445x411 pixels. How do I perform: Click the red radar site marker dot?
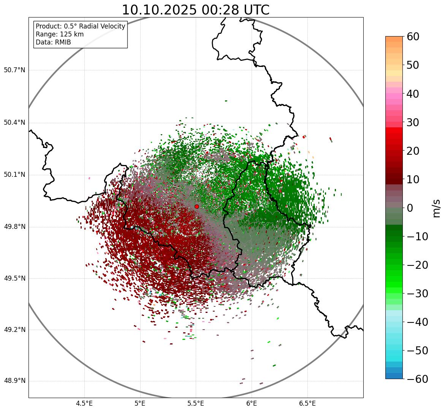pos(196,206)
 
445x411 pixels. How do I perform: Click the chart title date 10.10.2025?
pos(158,10)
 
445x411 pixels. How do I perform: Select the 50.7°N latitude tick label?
pos(14,70)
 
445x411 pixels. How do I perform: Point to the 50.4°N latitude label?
pos(14,122)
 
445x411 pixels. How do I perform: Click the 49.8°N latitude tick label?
pos(14,227)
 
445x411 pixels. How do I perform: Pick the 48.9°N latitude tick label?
pos(14,381)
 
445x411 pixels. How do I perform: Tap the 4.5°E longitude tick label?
pos(84,403)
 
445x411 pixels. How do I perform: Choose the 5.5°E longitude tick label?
pos(196,403)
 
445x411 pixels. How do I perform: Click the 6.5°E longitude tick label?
pos(307,403)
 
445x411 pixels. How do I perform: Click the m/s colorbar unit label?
pos(437,208)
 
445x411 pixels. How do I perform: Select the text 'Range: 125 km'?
pos(60,34)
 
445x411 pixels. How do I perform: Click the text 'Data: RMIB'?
pos(53,42)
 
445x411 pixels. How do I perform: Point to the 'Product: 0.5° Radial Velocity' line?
pos(80,26)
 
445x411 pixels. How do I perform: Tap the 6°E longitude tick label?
pos(251,403)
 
